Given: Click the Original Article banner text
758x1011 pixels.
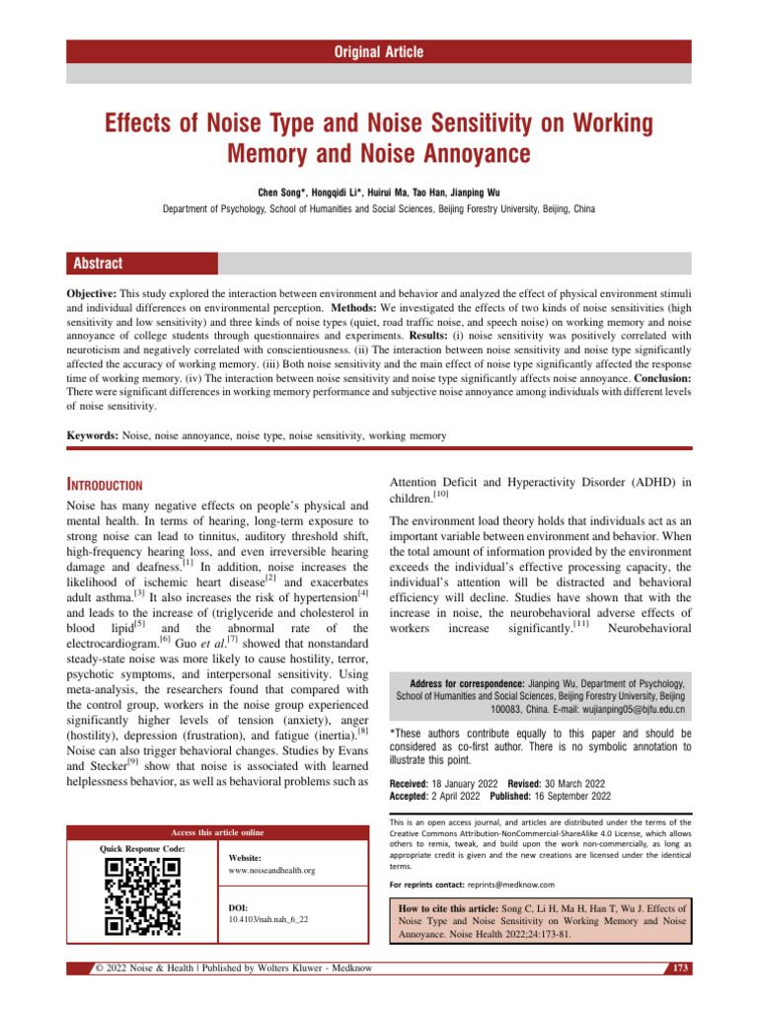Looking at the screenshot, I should click(x=379, y=51).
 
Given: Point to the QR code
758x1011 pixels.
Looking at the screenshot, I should click(x=142, y=896).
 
